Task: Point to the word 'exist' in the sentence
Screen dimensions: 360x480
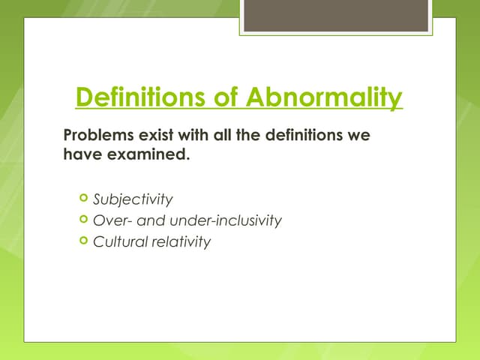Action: click(x=152, y=138)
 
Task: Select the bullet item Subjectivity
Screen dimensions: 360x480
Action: click(x=133, y=199)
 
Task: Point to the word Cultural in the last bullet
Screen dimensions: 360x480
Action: click(x=118, y=242)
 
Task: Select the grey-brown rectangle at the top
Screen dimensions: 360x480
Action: click(x=335, y=15)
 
